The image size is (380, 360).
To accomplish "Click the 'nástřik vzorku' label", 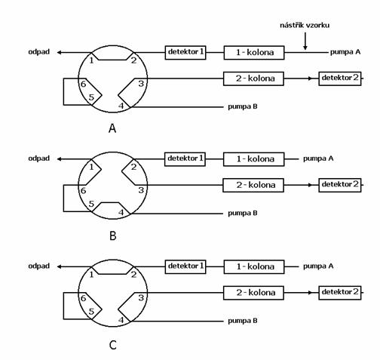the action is pyautogui.click(x=305, y=25).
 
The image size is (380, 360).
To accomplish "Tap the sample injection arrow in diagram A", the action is pyautogui.click(x=305, y=41).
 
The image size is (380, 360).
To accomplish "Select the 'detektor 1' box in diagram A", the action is pyautogui.click(x=185, y=53).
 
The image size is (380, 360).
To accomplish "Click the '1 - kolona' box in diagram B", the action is pyautogui.click(x=254, y=159).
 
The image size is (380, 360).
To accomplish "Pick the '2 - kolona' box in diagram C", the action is pyautogui.click(x=253, y=293).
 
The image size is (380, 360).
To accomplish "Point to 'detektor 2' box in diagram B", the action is pyautogui.click(x=340, y=185).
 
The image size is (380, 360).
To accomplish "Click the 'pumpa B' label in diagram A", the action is pyautogui.click(x=243, y=106).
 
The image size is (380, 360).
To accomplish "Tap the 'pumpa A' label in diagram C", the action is pyautogui.click(x=318, y=266).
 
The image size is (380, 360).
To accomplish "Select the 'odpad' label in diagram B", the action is pyautogui.click(x=39, y=158).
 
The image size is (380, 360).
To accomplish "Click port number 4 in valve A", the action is pyautogui.click(x=121, y=106).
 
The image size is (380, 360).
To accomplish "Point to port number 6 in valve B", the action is pyautogui.click(x=84, y=191).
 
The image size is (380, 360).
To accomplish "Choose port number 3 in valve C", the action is pyautogui.click(x=141, y=298).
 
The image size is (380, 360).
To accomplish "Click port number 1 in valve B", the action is pyautogui.click(x=91, y=167).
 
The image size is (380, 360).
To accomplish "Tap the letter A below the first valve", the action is pyautogui.click(x=112, y=128).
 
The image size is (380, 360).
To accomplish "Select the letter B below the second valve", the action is pyautogui.click(x=113, y=236).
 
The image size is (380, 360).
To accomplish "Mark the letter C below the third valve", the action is pyautogui.click(x=113, y=345).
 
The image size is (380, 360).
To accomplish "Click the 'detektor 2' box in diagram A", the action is pyautogui.click(x=340, y=78).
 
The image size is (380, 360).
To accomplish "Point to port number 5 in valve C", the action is pyautogui.click(x=91, y=312).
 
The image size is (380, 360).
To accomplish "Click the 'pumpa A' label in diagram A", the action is pyautogui.click(x=345, y=52).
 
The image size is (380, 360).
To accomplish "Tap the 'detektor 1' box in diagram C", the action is pyautogui.click(x=185, y=266).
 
